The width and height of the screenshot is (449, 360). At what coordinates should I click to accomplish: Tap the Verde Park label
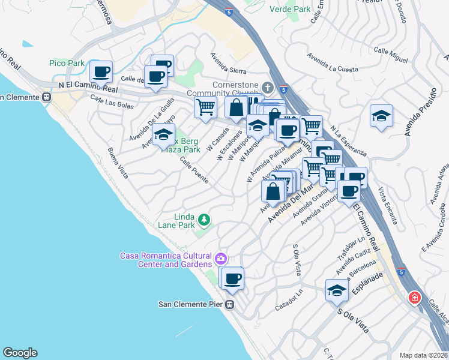290,9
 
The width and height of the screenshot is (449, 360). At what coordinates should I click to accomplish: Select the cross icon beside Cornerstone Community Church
267,88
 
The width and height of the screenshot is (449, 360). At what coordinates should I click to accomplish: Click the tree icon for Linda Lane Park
204,220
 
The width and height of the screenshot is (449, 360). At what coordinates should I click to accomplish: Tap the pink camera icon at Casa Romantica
221,259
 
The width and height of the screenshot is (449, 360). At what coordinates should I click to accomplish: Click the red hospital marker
414,298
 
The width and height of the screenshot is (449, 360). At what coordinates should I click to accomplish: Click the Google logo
20,353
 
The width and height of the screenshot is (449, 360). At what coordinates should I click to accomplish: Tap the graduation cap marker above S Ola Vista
337,290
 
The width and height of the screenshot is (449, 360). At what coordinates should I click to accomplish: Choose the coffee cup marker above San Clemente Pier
232,278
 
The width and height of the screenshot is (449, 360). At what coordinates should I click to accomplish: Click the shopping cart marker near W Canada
205,108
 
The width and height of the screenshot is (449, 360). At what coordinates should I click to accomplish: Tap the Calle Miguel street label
391,52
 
